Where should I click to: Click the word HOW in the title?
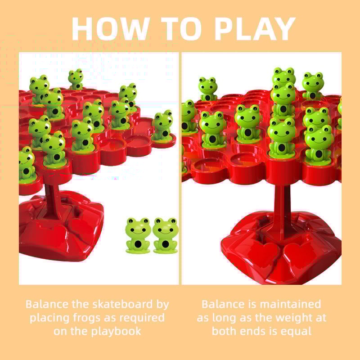pos(111,29)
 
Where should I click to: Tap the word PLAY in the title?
pos(255,29)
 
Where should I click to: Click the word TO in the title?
pos(181,29)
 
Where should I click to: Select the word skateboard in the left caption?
pos(122,304)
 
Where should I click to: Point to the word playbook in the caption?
pos(116,332)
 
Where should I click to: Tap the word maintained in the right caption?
pos(290,304)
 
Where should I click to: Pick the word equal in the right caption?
pos(298,332)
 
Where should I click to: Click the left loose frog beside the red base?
pos(138,235)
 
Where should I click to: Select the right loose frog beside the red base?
pos(166,235)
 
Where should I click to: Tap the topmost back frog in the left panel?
pos(76,79)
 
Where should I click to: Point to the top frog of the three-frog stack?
pos(284,78)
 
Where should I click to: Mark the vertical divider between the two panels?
pos(180,168)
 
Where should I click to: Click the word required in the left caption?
pos(142,319)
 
